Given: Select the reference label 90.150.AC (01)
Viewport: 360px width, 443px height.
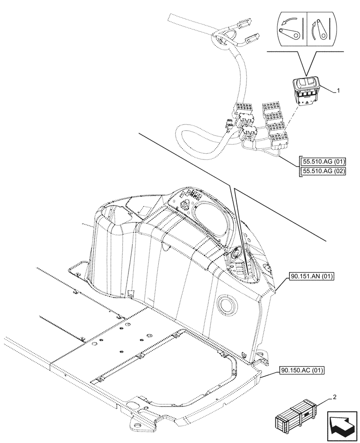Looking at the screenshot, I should point(302,370).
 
